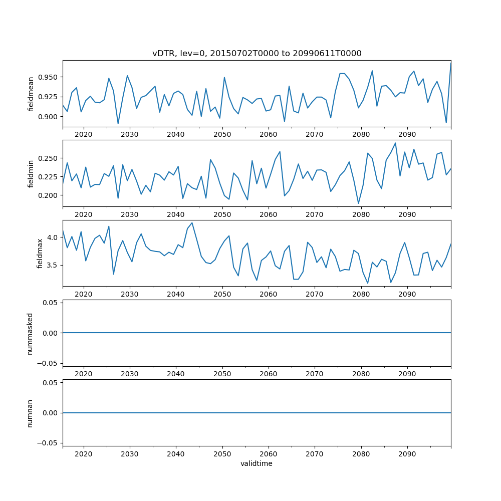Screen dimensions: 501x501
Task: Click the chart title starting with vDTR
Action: click(257, 53)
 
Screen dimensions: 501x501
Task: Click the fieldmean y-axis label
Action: click(31, 94)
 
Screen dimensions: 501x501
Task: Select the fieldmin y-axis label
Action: click(31, 173)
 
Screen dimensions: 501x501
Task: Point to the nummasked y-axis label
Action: click(30, 333)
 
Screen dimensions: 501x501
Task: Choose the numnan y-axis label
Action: click(30, 413)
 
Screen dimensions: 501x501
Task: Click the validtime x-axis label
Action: click(257, 464)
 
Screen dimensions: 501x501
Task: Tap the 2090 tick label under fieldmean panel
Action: click(407, 134)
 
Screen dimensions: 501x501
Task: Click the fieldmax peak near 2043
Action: click(192, 223)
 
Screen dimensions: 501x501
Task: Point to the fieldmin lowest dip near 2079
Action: click(358, 203)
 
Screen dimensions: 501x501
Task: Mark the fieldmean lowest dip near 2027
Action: click(118, 124)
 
